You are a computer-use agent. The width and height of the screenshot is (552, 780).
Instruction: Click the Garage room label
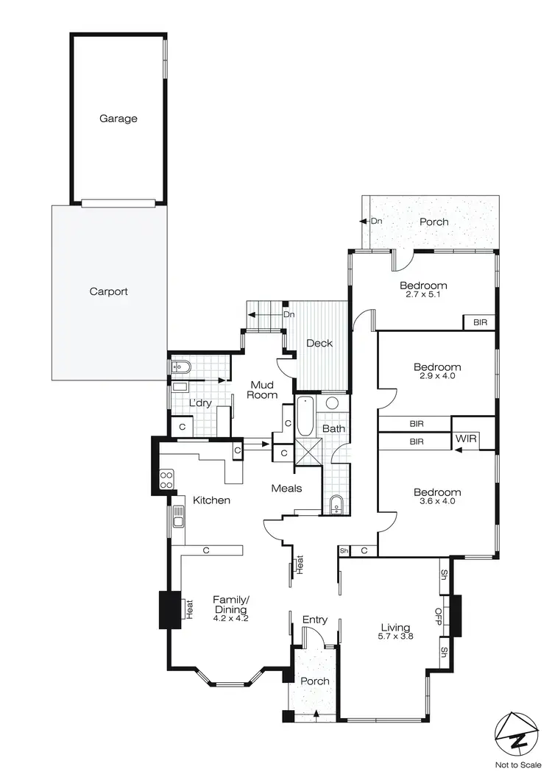point(118,118)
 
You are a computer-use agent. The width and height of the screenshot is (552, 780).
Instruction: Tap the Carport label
point(108,291)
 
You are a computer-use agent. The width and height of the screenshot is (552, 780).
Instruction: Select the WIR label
point(467,439)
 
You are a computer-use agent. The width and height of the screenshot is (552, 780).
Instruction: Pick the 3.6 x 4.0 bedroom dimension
point(436,503)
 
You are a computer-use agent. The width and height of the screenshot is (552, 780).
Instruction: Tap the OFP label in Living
point(438,615)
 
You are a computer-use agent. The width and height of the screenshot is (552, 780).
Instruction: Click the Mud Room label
point(263,389)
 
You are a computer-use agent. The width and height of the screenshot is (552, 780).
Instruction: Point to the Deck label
point(319,343)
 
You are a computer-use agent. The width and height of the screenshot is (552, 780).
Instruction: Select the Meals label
point(287,488)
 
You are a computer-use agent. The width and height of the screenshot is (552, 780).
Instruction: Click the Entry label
point(315,620)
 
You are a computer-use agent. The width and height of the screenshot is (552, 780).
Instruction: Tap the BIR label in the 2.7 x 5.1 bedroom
point(479,322)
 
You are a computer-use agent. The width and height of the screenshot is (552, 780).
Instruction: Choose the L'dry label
point(200,403)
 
